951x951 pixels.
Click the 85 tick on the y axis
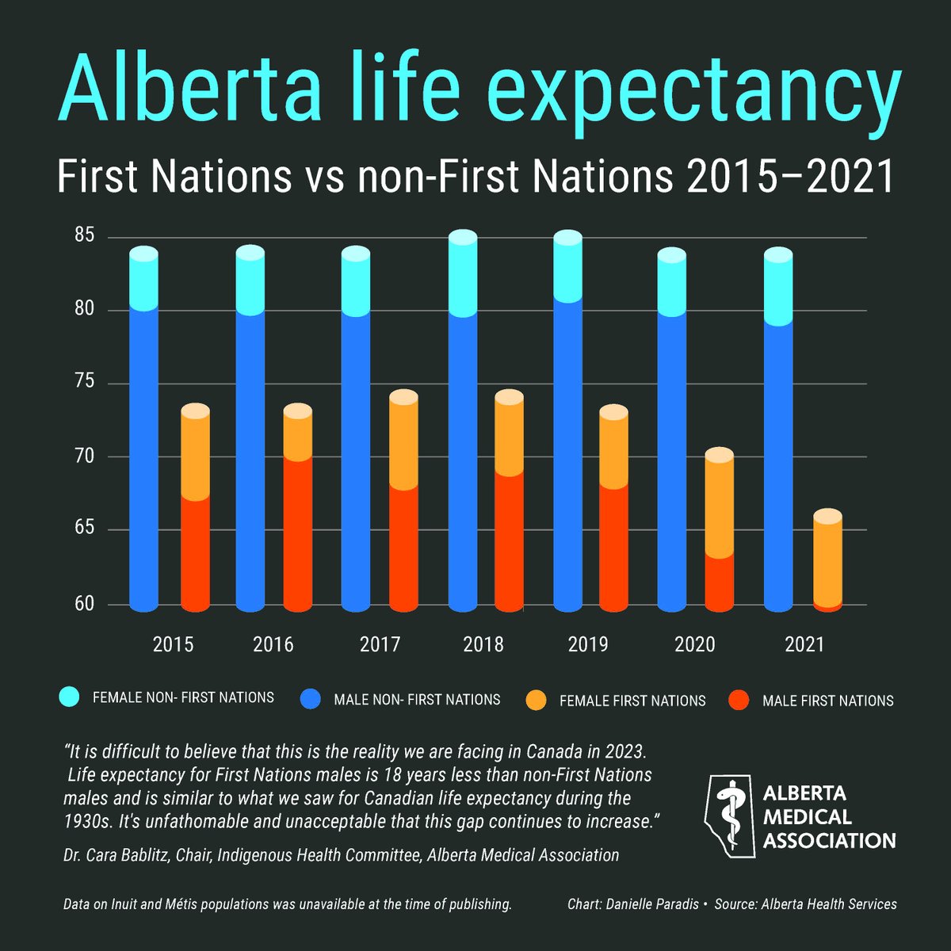[x=85, y=236]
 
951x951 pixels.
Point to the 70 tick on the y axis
[x=85, y=456]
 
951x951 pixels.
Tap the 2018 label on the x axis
[x=483, y=644]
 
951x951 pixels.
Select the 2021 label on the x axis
[x=804, y=644]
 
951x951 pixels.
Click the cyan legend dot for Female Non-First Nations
[x=70, y=697]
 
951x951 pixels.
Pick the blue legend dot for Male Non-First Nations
[x=311, y=699]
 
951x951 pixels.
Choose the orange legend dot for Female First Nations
[x=537, y=700]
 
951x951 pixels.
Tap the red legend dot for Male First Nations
[x=739, y=700]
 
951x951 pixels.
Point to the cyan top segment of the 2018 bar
[x=463, y=277]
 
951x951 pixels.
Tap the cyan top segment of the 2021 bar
[x=778, y=289]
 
